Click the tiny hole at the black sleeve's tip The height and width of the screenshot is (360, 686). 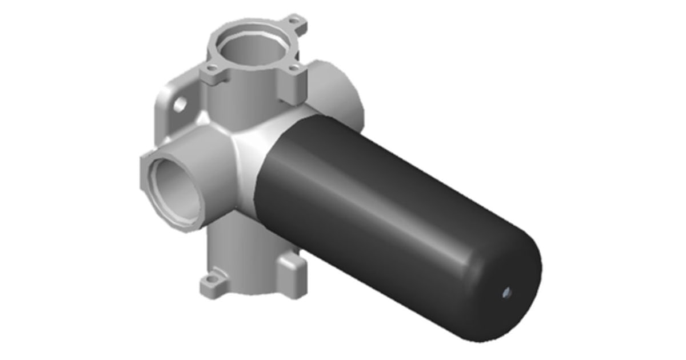507,293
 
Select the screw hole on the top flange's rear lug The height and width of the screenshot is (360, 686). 295,22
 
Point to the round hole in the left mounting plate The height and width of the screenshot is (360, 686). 180,104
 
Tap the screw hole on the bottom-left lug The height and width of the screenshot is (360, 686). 212,280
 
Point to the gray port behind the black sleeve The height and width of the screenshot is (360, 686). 337,91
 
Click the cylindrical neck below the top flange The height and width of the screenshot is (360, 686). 246,103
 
